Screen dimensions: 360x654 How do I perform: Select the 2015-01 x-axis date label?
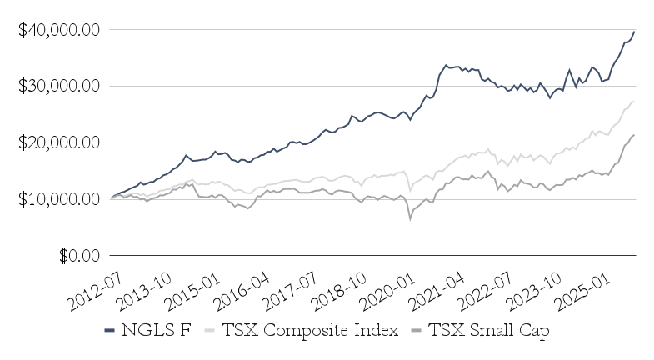coord(191,283)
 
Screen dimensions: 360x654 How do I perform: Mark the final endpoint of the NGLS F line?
coord(634,32)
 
